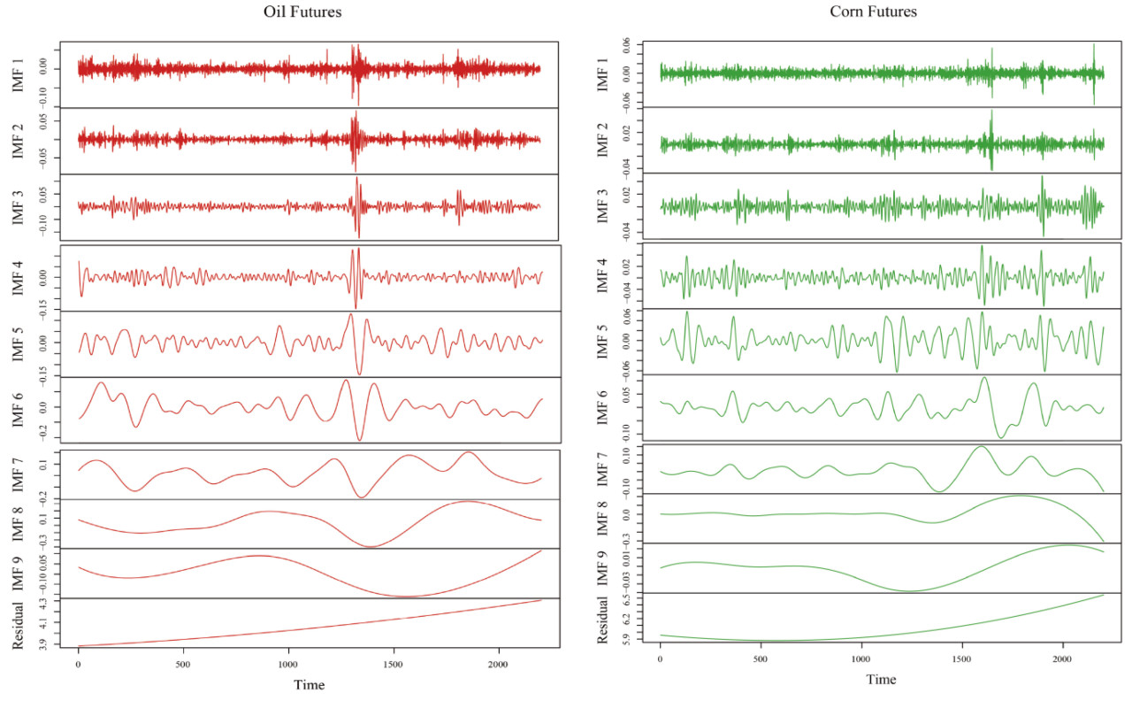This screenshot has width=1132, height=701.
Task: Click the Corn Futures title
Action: (873, 12)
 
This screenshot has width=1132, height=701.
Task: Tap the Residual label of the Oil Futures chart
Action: (19, 625)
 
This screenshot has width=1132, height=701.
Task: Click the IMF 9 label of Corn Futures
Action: (601, 567)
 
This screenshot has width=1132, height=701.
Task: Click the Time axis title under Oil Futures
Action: (309, 685)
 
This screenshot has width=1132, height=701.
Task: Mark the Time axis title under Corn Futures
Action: (880, 679)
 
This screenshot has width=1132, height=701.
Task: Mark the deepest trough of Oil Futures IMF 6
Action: (359, 440)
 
